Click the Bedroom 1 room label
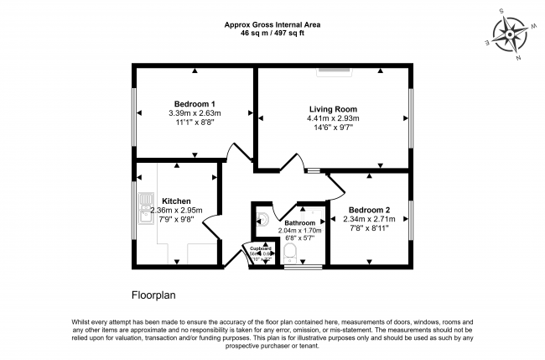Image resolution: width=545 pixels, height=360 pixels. (x=194, y=103)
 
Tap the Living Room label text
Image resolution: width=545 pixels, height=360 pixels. (x=332, y=108)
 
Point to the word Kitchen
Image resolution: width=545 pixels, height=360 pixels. (x=177, y=201)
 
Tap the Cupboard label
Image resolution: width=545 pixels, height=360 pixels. (x=259, y=249)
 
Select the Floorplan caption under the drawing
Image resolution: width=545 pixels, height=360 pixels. (x=153, y=295)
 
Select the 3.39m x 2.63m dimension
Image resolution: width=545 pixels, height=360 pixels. (x=194, y=113)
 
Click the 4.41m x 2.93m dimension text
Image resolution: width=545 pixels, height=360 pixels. (x=332, y=118)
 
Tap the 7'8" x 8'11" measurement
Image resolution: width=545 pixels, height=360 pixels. (x=368, y=228)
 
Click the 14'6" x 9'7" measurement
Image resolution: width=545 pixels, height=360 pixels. (x=332, y=128)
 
